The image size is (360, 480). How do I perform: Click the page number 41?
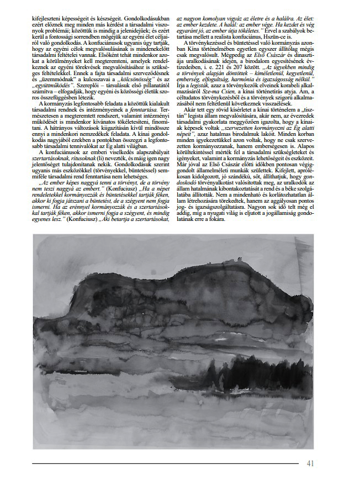click(x=310, y=463)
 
